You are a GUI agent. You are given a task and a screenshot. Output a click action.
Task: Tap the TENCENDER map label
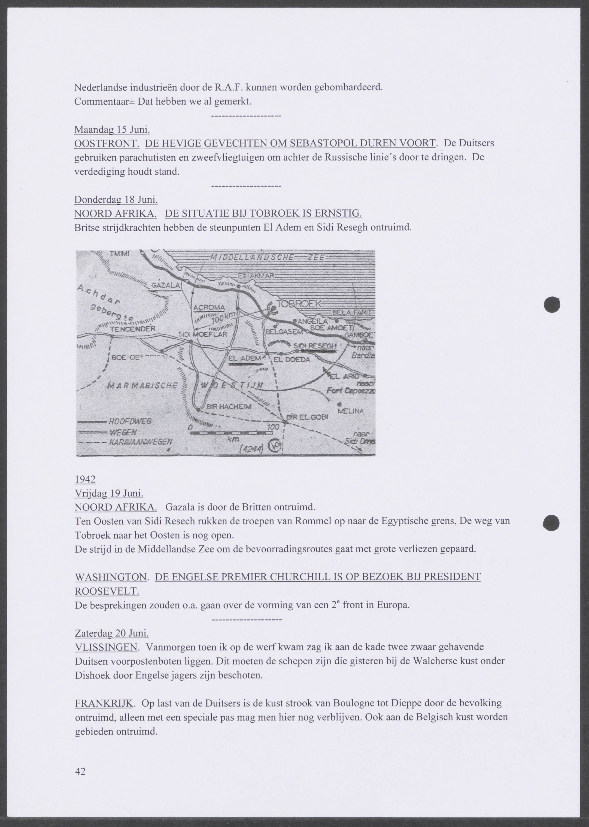pyautogui.click(x=133, y=329)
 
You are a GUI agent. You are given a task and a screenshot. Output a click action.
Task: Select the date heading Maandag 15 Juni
pyautogui.click(x=112, y=130)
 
